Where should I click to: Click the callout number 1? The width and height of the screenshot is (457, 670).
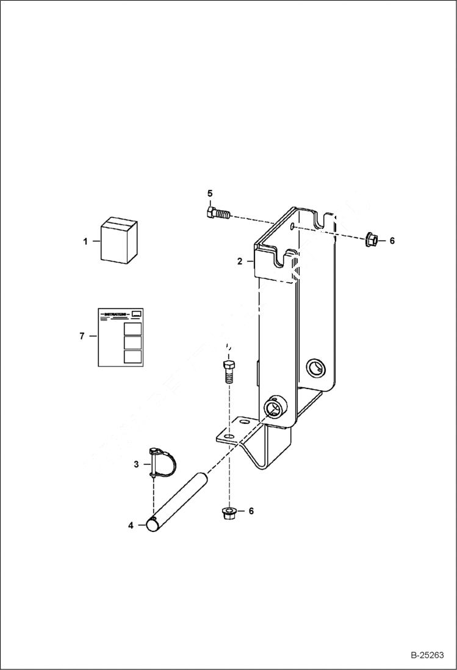(x=86, y=241)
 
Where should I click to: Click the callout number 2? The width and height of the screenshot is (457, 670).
(x=240, y=261)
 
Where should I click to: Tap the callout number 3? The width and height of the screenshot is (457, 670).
(x=137, y=465)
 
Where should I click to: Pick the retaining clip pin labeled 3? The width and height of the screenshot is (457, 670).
(x=162, y=463)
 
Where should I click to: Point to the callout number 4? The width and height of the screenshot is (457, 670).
(x=131, y=525)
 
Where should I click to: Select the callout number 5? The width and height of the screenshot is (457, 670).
(x=210, y=194)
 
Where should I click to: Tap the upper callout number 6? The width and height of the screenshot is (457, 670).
(x=392, y=241)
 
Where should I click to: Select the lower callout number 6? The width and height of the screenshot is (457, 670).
(x=250, y=511)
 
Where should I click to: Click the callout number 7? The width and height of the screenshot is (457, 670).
(x=82, y=336)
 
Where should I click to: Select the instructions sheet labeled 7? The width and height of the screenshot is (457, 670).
(x=121, y=337)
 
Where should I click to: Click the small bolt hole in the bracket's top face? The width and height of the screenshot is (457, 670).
(x=293, y=227)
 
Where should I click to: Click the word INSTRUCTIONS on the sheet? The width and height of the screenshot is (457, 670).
(x=116, y=314)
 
